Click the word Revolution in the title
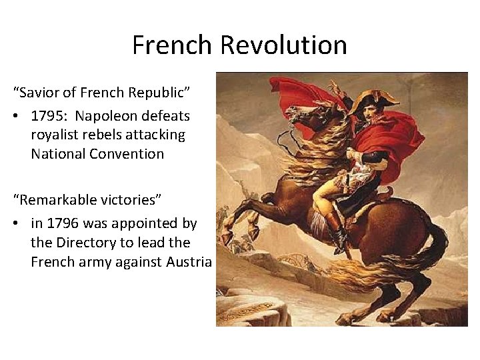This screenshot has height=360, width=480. point(283,45)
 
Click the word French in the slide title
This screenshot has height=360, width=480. point(172,45)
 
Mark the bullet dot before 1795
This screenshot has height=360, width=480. point(15,117)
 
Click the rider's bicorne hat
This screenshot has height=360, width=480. point(373,101)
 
